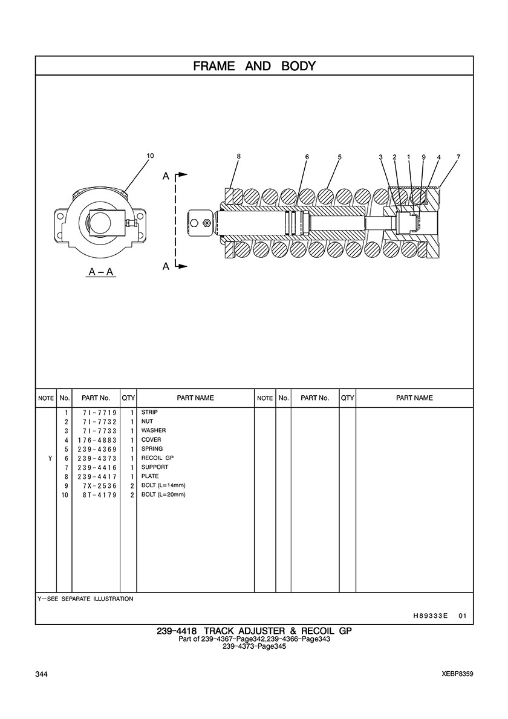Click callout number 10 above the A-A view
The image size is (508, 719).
pyautogui.click(x=150, y=156)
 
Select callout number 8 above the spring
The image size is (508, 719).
pyautogui.click(x=239, y=156)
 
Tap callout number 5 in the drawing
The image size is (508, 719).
pyautogui.click(x=339, y=157)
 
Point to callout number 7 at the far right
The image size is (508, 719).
pyautogui.click(x=458, y=157)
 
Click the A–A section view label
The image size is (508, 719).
pyautogui.click(x=101, y=272)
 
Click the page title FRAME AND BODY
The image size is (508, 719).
pyautogui.click(x=254, y=66)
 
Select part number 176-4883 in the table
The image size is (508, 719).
pyautogui.click(x=97, y=440)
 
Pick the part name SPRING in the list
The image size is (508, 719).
pyautogui.click(x=152, y=449)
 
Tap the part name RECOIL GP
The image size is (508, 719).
pyautogui.click(x=157, y=458)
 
